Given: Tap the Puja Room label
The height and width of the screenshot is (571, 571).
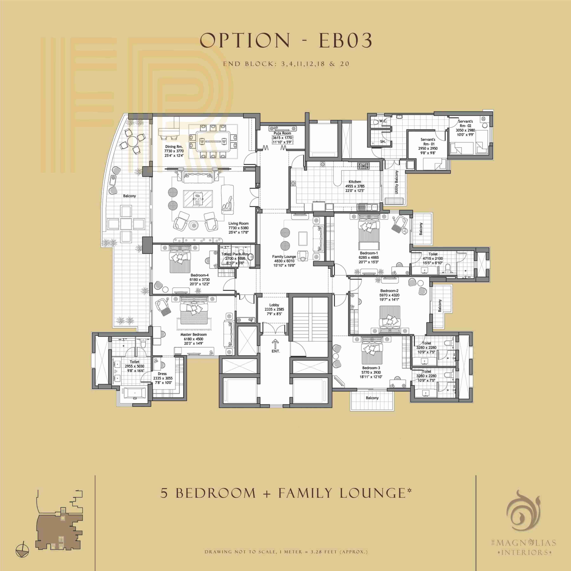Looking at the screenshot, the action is [x=282, y=133].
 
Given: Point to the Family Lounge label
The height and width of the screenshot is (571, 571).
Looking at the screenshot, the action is [x=284, y=256].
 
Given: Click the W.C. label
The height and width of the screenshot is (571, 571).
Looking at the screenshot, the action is [x=383, y=121].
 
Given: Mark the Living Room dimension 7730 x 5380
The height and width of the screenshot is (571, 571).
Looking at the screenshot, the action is [x=239, y=228].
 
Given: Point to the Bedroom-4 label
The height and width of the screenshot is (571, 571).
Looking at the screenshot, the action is [x=200, y=275].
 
